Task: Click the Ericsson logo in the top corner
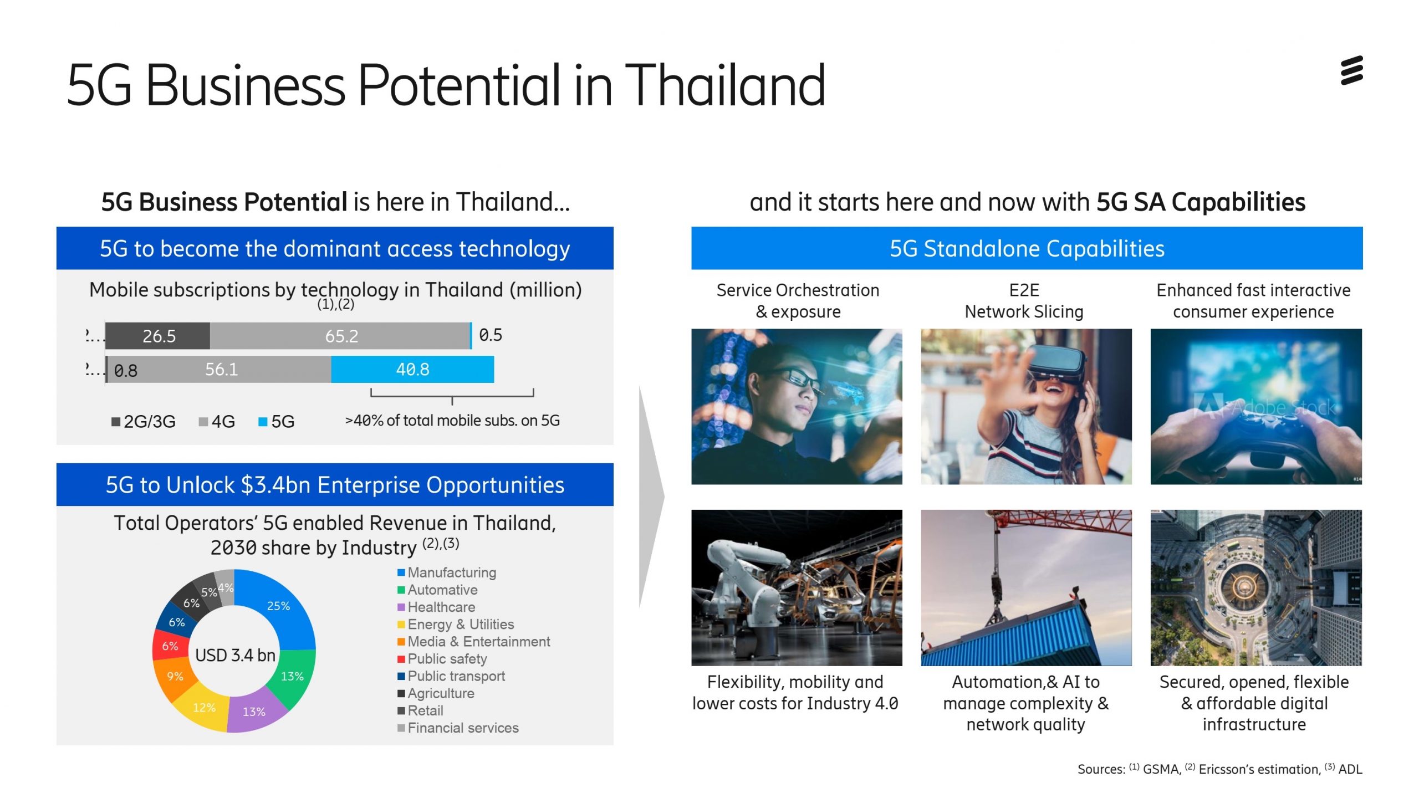coord(1351,70)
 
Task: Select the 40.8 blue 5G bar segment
coord(412,369)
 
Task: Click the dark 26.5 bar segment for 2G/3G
coord(158,336)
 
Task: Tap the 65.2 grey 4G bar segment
coord(340,336)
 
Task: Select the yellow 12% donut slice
coord(203,709)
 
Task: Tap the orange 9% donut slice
coord(173,677)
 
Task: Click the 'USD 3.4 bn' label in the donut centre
coord(235,655)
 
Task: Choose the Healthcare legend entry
coord(436,607)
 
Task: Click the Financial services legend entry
coord(458,728)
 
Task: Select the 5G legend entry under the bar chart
coord(277,422)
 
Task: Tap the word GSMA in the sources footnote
coord(1162,769)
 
